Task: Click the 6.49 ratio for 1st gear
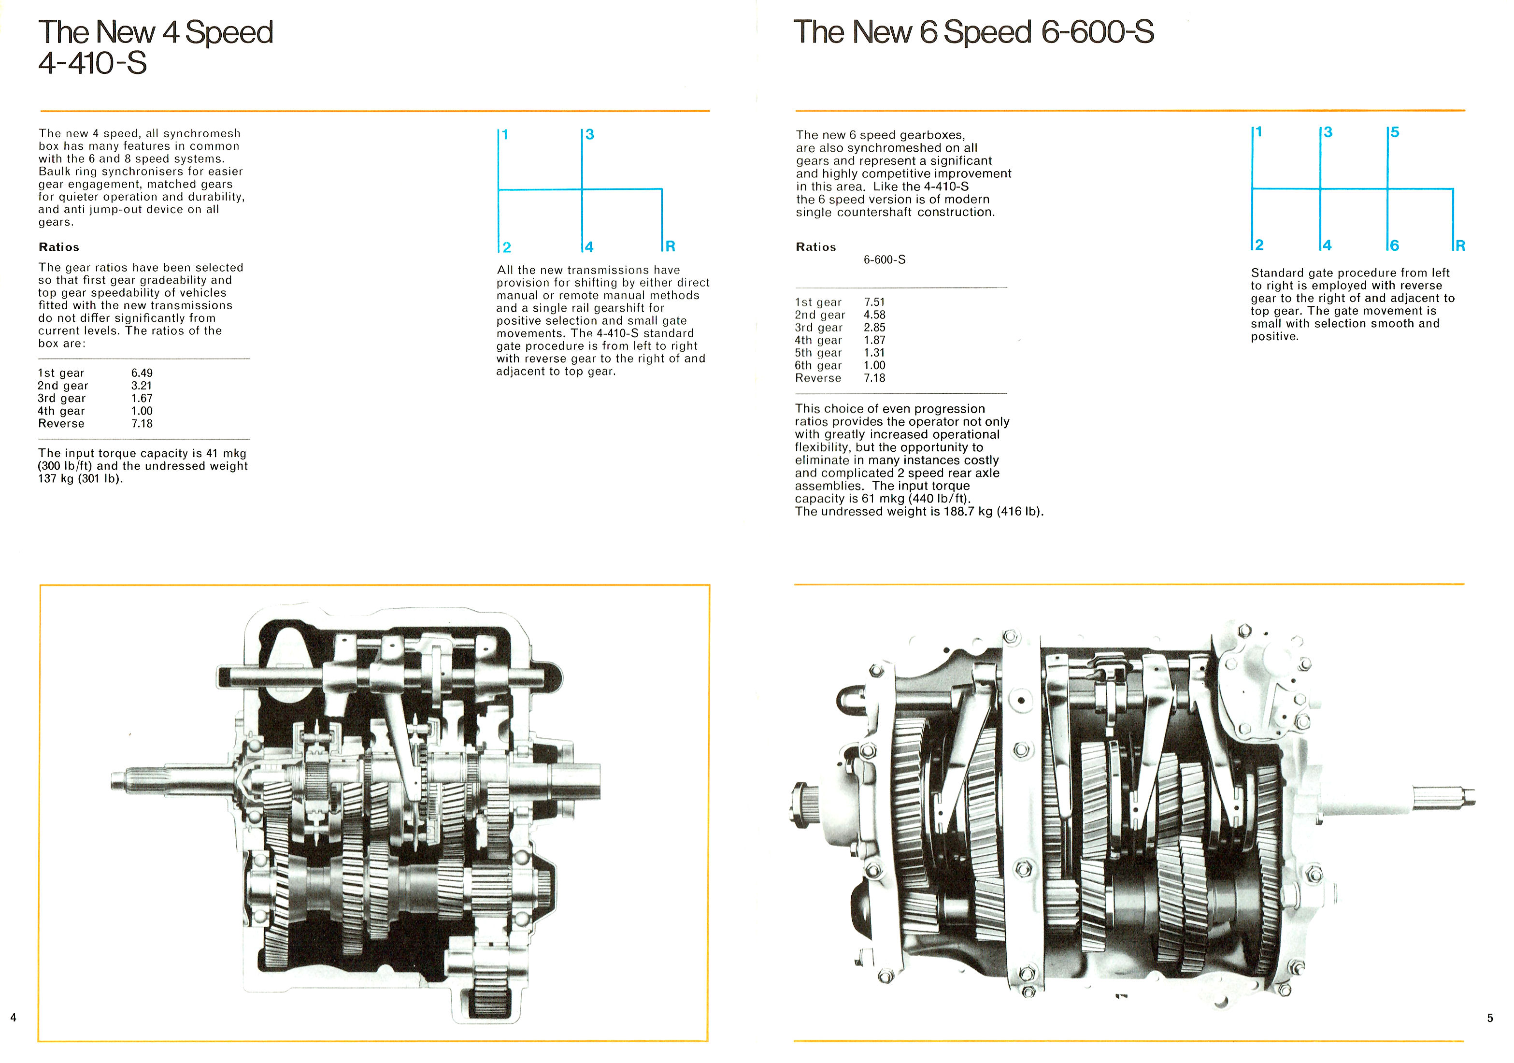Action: (x=142, y=373)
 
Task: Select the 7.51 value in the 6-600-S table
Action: (x=874, y=302)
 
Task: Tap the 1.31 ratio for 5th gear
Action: (x=874, y=353)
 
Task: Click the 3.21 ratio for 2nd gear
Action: (x=142, y=386)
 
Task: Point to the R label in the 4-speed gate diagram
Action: (x=670, y=246)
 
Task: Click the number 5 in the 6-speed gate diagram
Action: (x=1395, y=132)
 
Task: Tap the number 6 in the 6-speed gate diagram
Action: (x=1394, y=246)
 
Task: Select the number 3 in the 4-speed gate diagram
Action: (x=589, y=134)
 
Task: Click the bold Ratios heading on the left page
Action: (x=58, y=247)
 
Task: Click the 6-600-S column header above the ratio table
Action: (x=884, y=260)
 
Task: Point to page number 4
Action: (x=13, y=1018)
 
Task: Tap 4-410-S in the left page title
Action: (x=92, y=63)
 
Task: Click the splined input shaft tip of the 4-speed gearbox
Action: (x=122, y=783)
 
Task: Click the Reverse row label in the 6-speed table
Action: (x=818, y=378)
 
